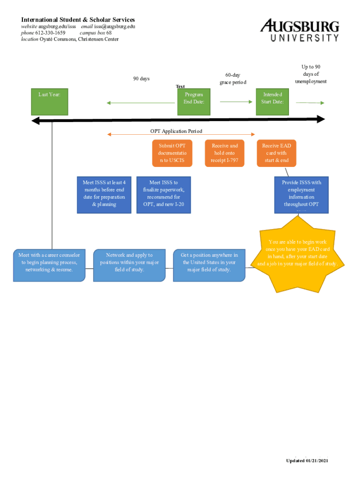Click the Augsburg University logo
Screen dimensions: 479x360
pyautogui.click(x=299, y=31)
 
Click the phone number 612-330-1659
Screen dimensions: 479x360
pyautogui.click(x=50, y=33)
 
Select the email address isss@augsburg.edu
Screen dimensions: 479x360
pyautogui.click(x=115, y=26)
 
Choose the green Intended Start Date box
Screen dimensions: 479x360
pyautogui.click(x=273, y=102)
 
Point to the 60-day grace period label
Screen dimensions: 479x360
pyautogui.click(x=233, y=79)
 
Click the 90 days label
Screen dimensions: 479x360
pyautogui.click(x=141, y=79)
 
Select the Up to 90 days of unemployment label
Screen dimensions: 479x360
pyautogui.click(x=310, y=74)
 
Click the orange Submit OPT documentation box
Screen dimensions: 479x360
pyautogui.click(x=172, y=153)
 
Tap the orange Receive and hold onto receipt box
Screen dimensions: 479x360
pyautogui.click(x=224, y=153)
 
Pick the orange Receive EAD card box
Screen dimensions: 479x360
pyautogui.click(x=276, y=153)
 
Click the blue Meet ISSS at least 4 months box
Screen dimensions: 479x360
pyautogui.click(x=104, y=195)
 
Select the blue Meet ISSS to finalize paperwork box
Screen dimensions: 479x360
pyautogui.click(x=164, y=195)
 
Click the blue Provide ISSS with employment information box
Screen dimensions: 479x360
pyautogui.click(x=302, y=195)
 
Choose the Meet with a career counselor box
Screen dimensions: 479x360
pyautogui.click(x=49, y=265)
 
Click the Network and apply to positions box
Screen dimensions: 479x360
pyautogui.click(x=130, y=265)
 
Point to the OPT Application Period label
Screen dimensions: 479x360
pyautogui.click(x=176, y=131)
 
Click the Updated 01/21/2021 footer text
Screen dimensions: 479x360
pyautogui.click(x=307, y=461)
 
